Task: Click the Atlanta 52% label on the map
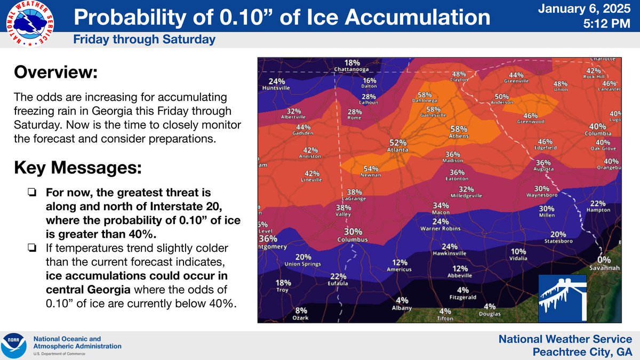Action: [398, 146]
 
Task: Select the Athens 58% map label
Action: [459, 132]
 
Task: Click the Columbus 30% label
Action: [353, 235]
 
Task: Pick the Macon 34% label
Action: [441, 209]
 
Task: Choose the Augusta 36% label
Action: [543, 166]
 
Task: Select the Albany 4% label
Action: [402, 303]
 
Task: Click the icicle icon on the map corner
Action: [562, 298]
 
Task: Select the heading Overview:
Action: [55, 72]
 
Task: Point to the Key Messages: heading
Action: [78, 169]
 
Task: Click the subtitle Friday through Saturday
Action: [144, 39]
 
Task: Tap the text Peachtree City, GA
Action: [582, 351]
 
